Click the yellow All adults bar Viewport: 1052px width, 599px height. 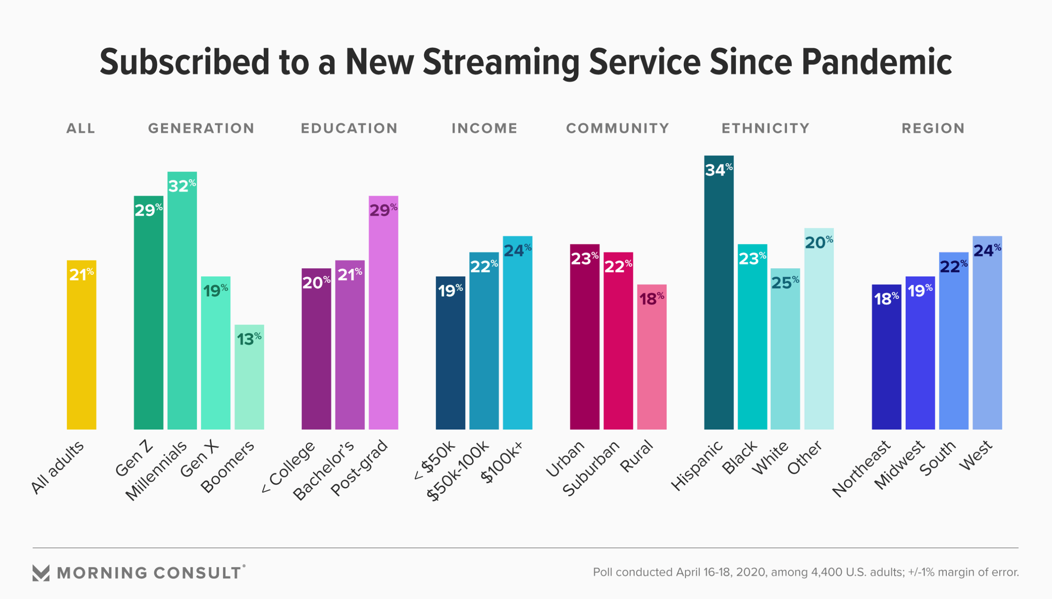(82, 351)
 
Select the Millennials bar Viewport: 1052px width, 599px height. (182, 307)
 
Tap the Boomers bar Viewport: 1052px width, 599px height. (249, 384)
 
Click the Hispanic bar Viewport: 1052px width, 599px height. (718, 302)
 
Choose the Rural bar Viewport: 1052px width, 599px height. (651, 362)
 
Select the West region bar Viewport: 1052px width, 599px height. (987, 340)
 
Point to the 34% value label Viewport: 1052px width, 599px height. (718, 169)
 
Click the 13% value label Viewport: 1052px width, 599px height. (249, 338)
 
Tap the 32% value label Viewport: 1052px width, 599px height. (181, 185)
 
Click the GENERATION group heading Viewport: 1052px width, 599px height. (201, 128)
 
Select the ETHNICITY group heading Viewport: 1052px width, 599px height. (765, 128)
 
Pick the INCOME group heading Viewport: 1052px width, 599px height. (484, 128)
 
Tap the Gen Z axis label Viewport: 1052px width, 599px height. (134, 459)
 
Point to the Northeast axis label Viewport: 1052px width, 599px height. (861, 469)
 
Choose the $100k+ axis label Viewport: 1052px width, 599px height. (502, 462)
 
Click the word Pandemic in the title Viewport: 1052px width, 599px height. (877, 62)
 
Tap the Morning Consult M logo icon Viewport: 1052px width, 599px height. (41, 573)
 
